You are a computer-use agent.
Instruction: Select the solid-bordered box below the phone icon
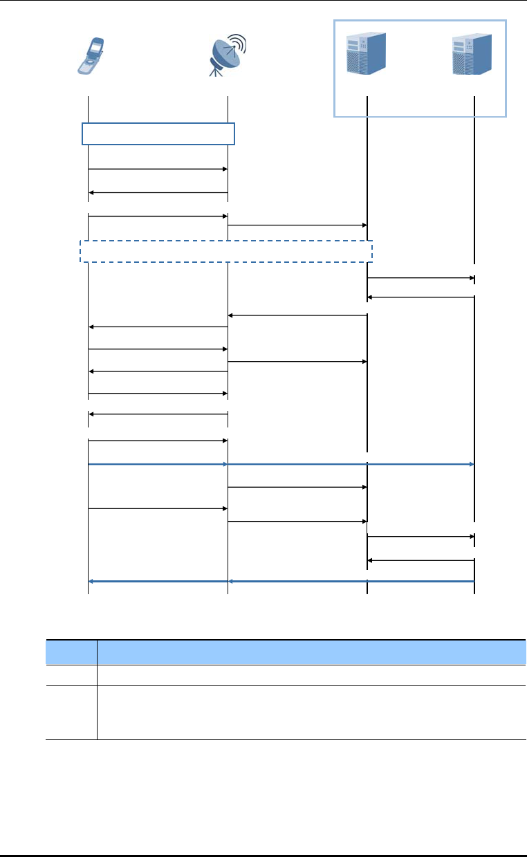(158, 133)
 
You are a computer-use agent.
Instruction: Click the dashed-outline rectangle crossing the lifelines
(226, 251)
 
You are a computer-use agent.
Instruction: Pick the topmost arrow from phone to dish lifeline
(158, 168)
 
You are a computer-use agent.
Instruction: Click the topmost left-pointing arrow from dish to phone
(158, 192)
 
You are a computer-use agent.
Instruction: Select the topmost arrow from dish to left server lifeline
(297, 225)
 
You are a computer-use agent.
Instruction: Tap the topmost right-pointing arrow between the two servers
(420, 278)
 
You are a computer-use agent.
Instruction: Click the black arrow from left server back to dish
(297, 315)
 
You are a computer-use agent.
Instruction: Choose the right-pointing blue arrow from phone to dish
(158, 465)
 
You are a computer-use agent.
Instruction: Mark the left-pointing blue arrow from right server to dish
(351, 582)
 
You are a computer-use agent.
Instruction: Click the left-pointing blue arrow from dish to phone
(158, 582)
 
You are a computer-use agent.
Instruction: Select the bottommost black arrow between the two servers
(420, 560)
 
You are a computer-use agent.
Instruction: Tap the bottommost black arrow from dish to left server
(297, 521)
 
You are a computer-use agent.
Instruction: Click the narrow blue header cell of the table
(71, 652)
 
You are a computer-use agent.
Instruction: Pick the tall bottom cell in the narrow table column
(71, 712)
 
